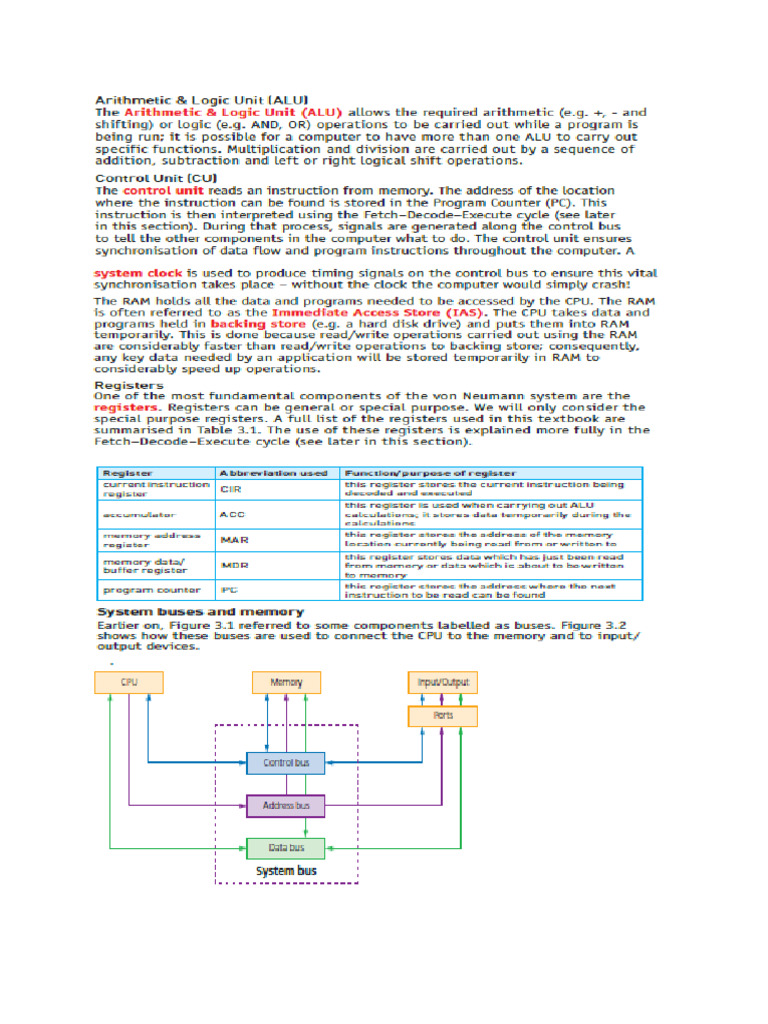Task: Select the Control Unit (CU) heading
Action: [x=141, y=178]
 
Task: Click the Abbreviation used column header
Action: [x=273, y=473]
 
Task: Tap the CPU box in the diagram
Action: [x=129, y=682]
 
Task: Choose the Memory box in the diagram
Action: [x=286, y=682]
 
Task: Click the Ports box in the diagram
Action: [x=443, y=716]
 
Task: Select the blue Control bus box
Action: [x=286, y=763]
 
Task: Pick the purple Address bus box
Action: [x=286, y=805]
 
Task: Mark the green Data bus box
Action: [x=286, y=848]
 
